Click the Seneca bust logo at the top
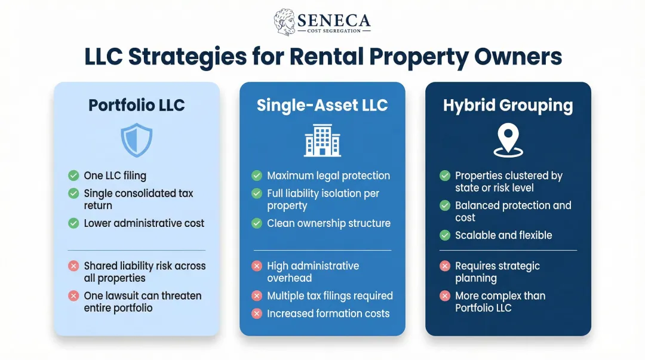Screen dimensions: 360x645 click(284, 22)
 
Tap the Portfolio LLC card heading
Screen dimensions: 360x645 click(137, 105)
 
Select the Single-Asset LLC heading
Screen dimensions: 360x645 click(322, 105)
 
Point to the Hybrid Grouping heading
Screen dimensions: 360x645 click(508, 105)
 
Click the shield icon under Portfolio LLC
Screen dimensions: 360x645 click(137, 141)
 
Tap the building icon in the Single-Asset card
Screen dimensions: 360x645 click(322, 141)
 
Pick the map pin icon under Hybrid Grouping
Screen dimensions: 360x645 click(508, 141)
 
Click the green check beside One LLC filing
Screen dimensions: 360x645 click(73, 176)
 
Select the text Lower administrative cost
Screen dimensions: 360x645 click(144, 223)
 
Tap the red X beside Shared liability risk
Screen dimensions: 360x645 click(73, 266)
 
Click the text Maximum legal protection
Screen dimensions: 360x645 click(328, 176)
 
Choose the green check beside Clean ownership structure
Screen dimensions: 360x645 click(257, 223)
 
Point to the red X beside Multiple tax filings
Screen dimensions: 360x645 click(257, 296)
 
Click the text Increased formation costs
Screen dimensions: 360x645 click(328, 313)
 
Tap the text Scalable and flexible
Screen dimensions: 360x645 click(503, 235)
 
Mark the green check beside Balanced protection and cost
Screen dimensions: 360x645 click(445, 205)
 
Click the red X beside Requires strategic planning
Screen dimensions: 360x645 click(445, 266)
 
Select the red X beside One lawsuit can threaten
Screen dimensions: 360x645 click(73, 296)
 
